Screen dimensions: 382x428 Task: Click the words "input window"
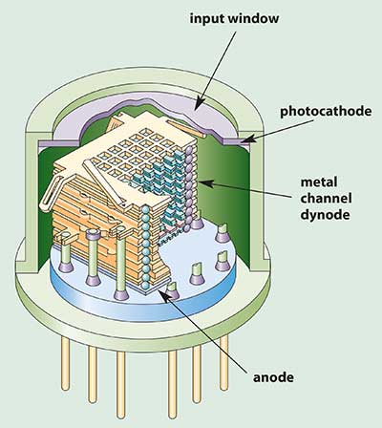pos(234,18)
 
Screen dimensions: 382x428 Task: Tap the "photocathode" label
pos(326,112)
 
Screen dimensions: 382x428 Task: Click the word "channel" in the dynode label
pos(327,199)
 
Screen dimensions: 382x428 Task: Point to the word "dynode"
pos(325,215)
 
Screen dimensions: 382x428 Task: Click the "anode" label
pos(273,377)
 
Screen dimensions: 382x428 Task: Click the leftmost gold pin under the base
pos(65,363)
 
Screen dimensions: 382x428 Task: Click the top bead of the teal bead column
pos(145,210)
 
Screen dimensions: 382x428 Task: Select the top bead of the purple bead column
pos(189,149)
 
